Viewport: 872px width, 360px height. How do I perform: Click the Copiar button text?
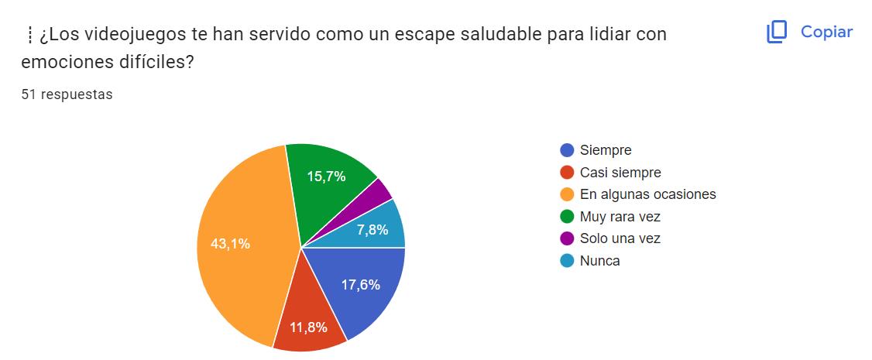point(826,32)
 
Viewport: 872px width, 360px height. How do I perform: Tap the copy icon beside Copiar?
point(777,32)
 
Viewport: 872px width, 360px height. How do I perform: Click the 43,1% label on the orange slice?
point(230,244)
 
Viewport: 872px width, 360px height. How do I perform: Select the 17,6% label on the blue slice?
point(361,284)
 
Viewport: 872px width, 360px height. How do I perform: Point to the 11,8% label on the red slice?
point(308,327)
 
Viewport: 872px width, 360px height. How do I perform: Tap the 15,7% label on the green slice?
point(326,177)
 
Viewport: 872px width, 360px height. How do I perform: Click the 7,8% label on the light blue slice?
point(372,229)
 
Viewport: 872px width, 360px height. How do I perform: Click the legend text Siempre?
point(606,150)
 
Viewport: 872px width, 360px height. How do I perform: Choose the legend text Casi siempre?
point(620,173)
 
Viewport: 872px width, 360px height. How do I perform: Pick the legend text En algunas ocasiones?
point(647,194)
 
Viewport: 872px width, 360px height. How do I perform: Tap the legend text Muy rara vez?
point(620,217)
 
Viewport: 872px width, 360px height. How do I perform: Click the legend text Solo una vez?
point(620,238)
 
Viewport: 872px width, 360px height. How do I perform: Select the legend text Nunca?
point(599,261)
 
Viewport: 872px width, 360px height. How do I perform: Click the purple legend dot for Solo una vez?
point(567,238)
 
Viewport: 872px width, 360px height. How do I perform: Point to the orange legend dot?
point(567,194)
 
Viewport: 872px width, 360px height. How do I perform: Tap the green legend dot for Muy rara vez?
point(567,217)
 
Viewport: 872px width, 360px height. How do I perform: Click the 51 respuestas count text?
point(67,95)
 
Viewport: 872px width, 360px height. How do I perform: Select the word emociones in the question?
point(60,62)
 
